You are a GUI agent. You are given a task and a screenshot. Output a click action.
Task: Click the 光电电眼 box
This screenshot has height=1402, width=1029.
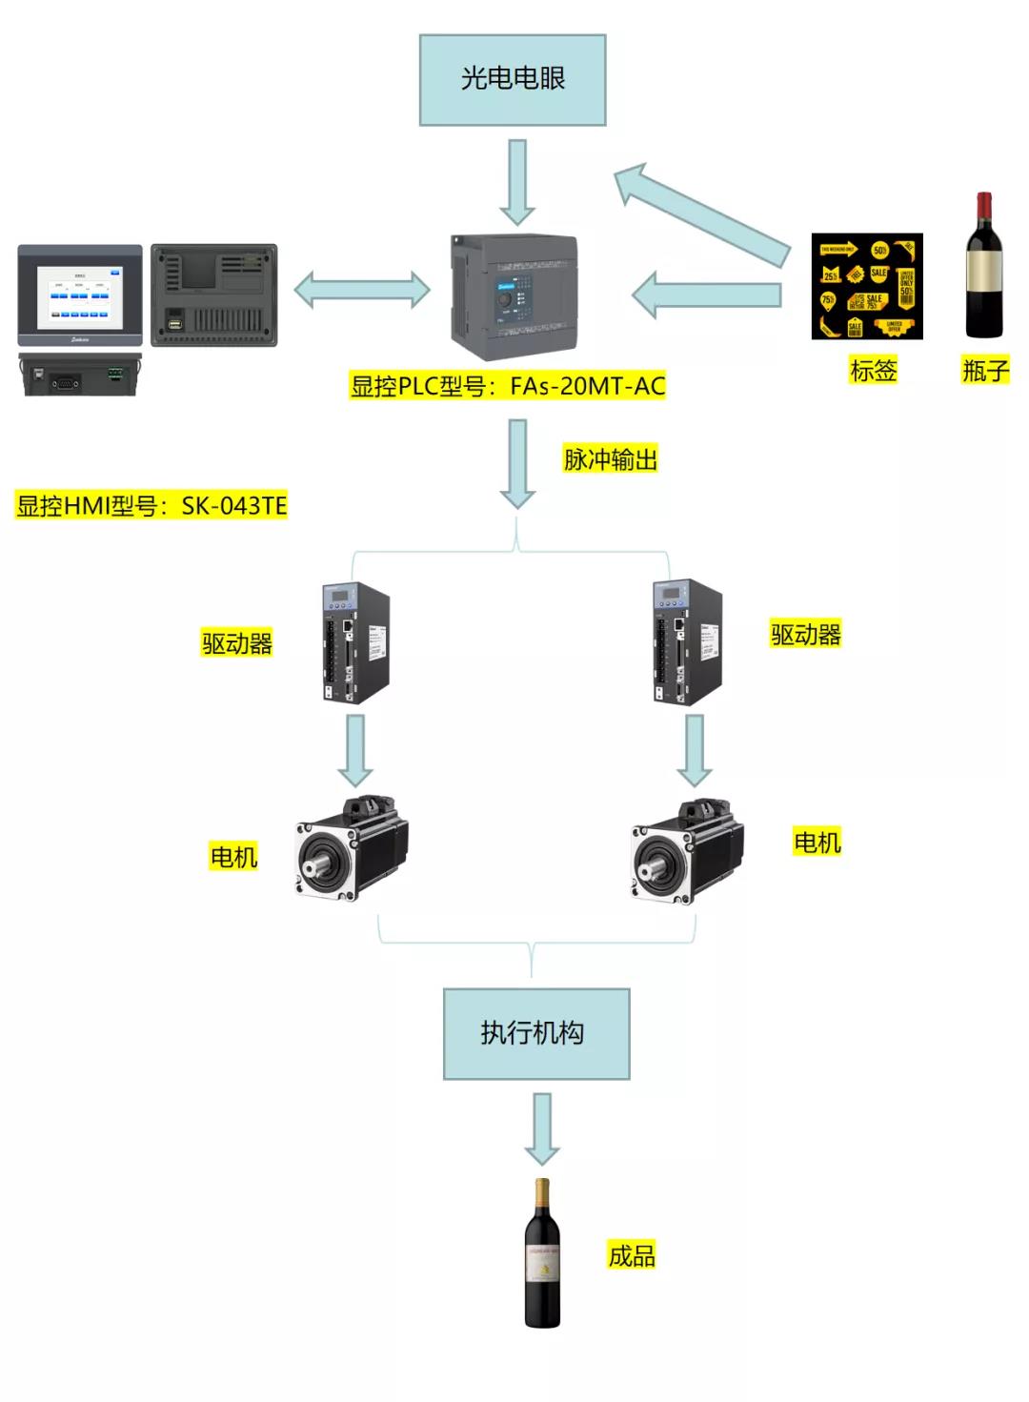tap(513, 80)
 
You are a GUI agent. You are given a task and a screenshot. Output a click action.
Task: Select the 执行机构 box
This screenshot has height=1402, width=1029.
tap(536, 1033)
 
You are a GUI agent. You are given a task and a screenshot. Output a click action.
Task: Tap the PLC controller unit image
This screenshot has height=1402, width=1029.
tap(514, 297)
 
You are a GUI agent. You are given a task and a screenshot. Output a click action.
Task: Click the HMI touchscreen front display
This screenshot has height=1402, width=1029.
tap(80, 295)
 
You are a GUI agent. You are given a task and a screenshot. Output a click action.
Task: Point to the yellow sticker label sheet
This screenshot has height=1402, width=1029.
tap(867, 286)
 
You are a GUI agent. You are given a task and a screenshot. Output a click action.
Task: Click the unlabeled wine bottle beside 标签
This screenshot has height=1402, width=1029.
tap(984, 266)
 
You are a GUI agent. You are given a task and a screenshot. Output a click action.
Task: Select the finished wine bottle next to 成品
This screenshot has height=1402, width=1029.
tap(542, 1253)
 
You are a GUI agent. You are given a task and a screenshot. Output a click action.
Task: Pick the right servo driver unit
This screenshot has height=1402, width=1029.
tap(687, 643)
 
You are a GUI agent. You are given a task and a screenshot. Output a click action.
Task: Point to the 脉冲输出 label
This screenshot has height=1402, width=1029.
tap(611, 459)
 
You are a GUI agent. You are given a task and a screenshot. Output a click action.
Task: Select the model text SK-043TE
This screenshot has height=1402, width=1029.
tap(234, 505)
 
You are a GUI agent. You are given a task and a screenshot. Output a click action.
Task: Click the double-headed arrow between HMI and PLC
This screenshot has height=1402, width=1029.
tap(362, 290)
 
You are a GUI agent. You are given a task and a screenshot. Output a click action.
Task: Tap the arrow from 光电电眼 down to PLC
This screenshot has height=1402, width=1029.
tap(517, 181)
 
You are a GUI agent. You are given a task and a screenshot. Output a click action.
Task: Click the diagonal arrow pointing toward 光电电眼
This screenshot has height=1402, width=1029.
tap(700, 213)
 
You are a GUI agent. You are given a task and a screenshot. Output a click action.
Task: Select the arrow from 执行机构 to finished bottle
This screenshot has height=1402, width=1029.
tap(542, 1128)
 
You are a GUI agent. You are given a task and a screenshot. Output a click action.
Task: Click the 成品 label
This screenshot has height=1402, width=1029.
tap(633, 1255)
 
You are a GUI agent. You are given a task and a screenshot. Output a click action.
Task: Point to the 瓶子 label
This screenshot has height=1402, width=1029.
tap(985, 370)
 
